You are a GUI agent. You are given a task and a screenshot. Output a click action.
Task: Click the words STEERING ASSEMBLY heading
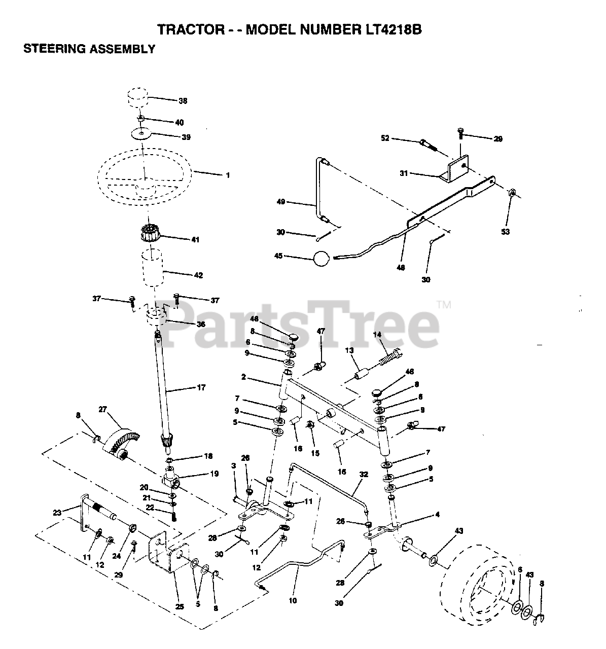(89, 49)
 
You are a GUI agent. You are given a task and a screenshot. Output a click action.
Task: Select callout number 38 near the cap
(183, 101)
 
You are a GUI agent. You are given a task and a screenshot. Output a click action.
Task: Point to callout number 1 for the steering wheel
(228, 175)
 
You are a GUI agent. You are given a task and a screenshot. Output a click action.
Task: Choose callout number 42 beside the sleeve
(198, 275)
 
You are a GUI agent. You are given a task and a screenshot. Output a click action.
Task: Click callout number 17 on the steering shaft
(201, 387)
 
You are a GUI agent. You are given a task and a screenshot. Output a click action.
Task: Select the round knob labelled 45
(322, 258)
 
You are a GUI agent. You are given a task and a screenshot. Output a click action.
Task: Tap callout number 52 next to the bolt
(385, 138)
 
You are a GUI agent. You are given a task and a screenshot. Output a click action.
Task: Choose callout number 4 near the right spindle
(437, 515)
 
